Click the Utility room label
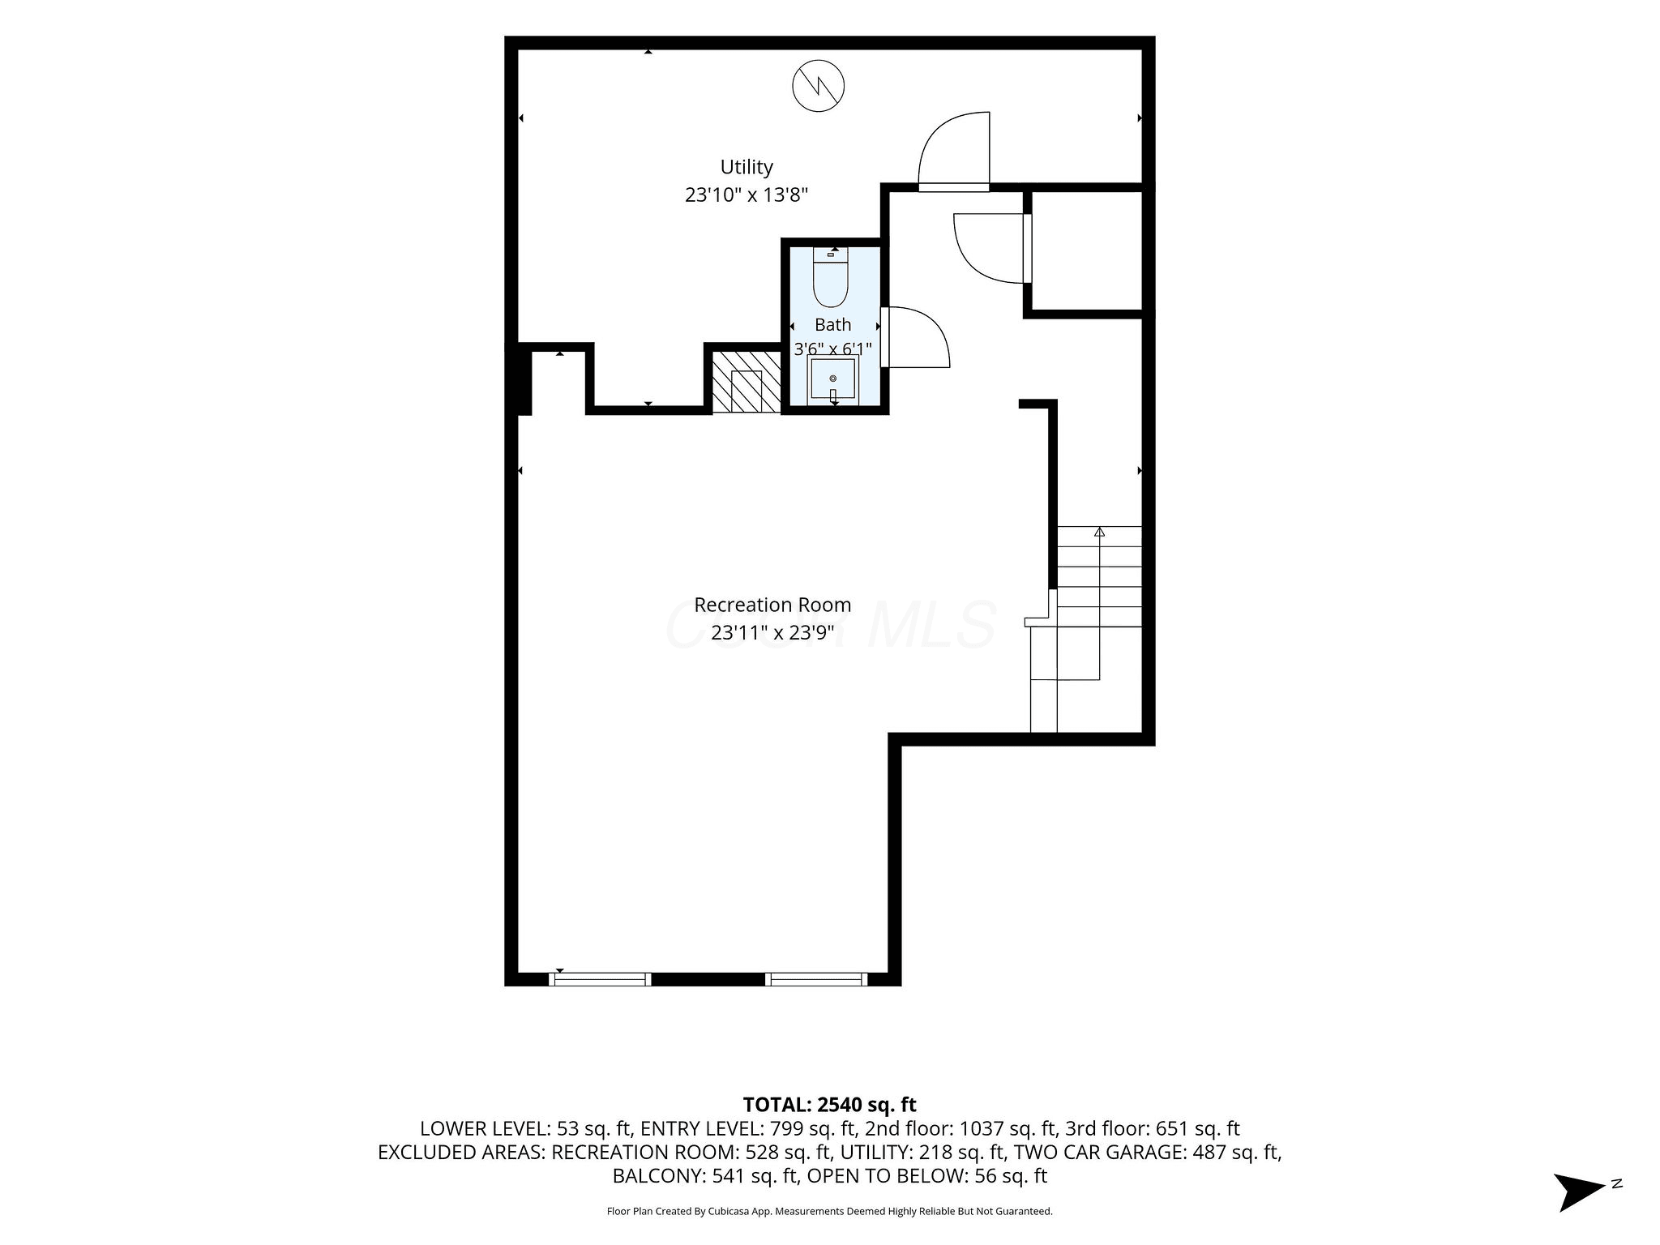[x=747, y=167]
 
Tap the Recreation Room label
[x=772, y=605]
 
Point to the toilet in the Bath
[x=830, y=276]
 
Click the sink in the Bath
[x=832, y=379]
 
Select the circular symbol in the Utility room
[x=819, y=85]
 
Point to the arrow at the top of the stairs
[x=1100, y=532]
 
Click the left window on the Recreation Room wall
[x=600, y=979]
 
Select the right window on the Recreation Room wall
[x=816, y=979]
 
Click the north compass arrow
[x=1579, y=1192]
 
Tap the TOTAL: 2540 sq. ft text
[x=829, y=1104]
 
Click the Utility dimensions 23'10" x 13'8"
[x=747, y=195]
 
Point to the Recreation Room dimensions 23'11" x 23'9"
[x=772, y=632]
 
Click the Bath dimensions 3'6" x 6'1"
[x=832, y=349]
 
